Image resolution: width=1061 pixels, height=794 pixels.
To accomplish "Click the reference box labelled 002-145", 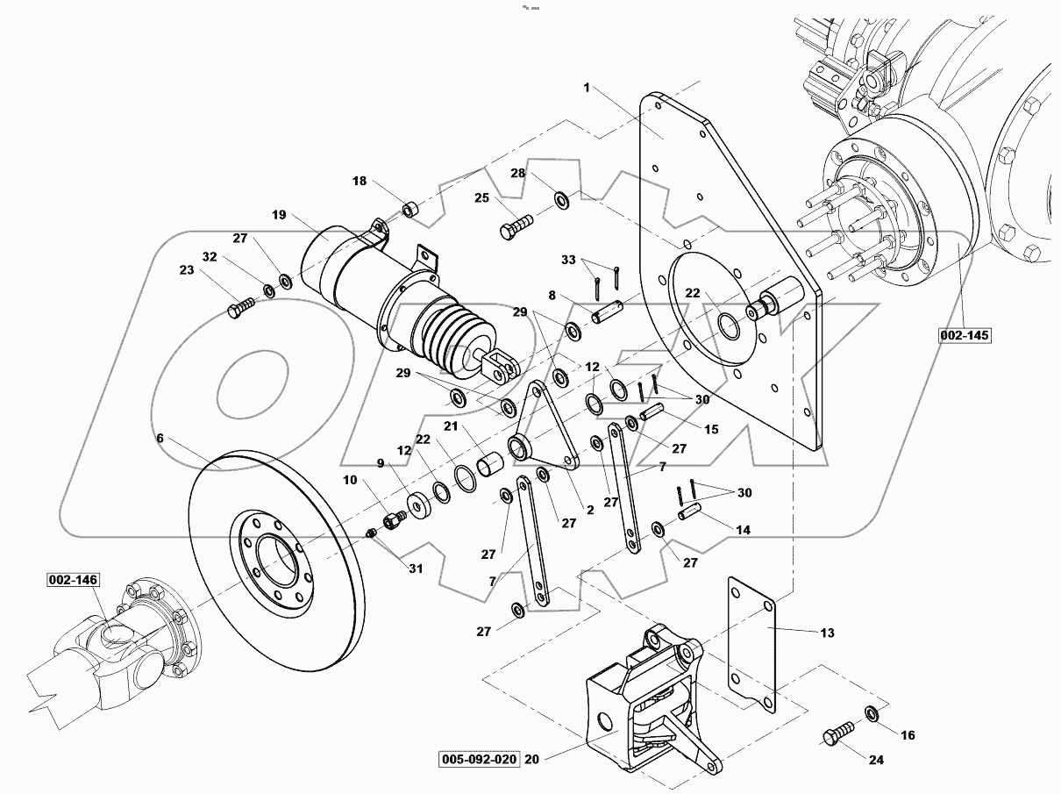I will tap(962, 335).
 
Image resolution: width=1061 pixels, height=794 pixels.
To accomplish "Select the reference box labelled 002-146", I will tap(73, 580).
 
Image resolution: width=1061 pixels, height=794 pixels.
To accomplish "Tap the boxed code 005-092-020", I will tap(481, 759).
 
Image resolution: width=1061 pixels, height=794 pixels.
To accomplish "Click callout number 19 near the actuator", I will tap(279, 215).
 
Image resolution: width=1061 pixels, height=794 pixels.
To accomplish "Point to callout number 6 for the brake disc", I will tap(160, 438).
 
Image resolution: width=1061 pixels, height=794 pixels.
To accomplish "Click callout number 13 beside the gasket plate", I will tap(827, 633).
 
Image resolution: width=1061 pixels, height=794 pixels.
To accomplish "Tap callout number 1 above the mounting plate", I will tap(587, 88).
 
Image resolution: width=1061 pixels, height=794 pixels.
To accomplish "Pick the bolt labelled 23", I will tap(239, 307).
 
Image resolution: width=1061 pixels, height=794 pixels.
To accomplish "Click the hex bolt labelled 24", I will tap(837, 733).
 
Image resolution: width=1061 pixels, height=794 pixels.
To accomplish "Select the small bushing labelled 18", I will tap(409, 210).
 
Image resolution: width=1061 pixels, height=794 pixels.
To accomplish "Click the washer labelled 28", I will tap(560, 202).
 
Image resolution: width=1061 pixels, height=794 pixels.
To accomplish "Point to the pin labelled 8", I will tap(606, 312).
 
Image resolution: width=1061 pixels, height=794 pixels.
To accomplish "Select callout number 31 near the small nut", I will tap(416, 569).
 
